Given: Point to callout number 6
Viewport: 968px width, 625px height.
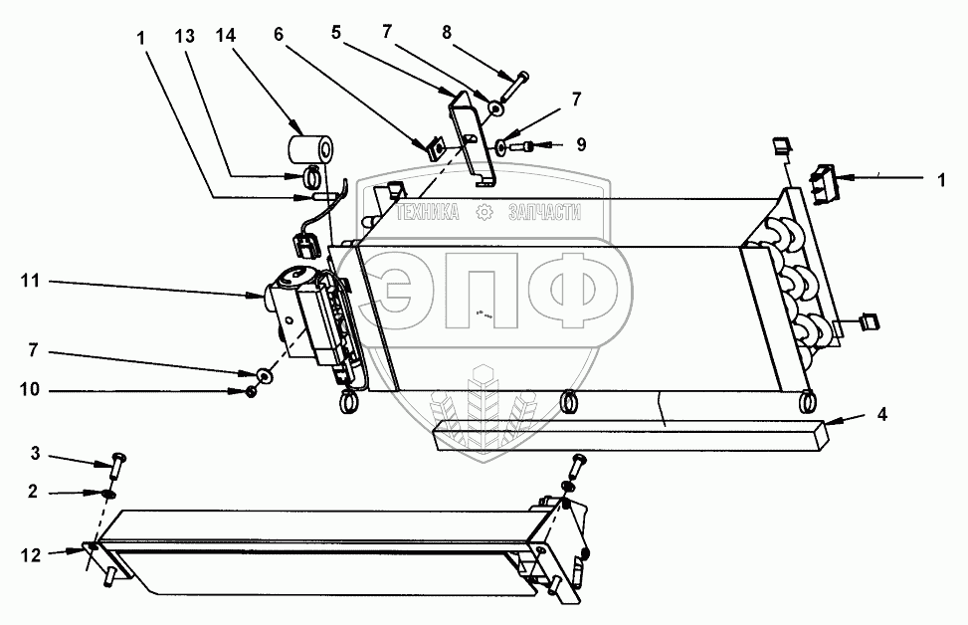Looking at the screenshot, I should [279, 34].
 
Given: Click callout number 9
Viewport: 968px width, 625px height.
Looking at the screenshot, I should [581, 144].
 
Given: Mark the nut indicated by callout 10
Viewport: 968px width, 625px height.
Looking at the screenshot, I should [252, 391].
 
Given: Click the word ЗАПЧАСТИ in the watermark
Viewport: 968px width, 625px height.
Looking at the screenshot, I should [543, 212].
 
